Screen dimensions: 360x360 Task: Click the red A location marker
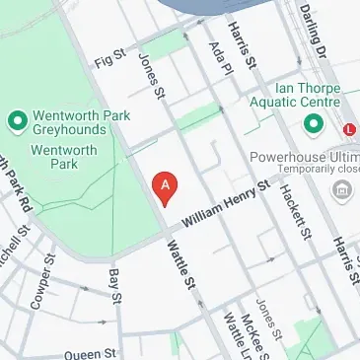click(x=166, y=185)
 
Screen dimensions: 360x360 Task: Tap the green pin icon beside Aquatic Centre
click(x=314, y=124)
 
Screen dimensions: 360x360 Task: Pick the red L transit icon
click(x=350, y=128)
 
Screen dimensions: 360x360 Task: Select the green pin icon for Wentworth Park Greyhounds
click(x=16, y=121)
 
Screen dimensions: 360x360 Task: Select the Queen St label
click(x=91, y=352)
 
